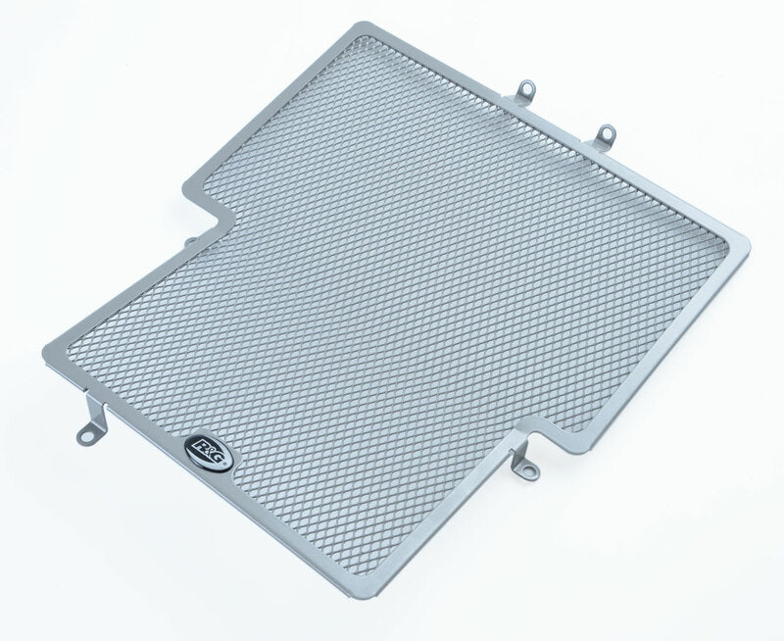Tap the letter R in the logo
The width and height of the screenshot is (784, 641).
pyautogui.click(x=199, y=444)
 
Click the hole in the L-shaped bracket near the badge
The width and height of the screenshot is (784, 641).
pyautogui.click(x=87, y=437)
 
